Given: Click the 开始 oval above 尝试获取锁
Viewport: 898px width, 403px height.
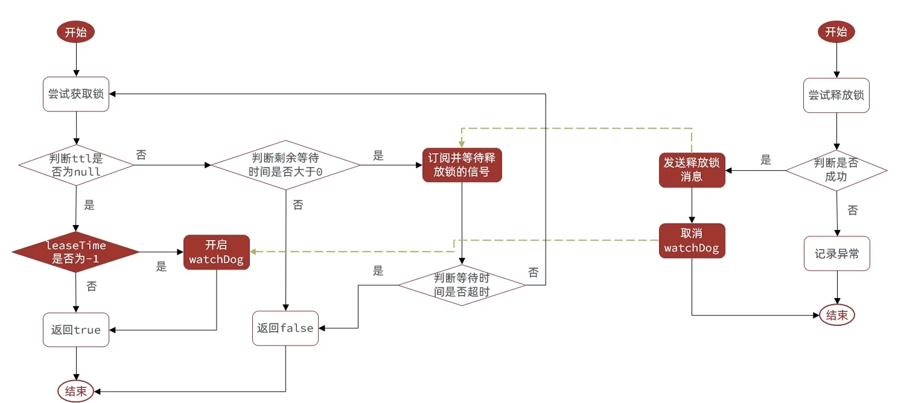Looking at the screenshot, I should point(76,33).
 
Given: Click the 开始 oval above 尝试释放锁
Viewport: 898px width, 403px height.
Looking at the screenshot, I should point(836,33).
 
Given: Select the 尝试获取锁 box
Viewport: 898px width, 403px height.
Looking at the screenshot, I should point(76,94).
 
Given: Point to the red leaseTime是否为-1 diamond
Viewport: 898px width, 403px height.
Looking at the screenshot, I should point(76,252).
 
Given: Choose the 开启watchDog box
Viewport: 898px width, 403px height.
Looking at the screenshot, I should point(216,252).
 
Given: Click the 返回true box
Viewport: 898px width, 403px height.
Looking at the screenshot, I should point(76,329).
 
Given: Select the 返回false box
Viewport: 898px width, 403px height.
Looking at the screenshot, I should point(285,328).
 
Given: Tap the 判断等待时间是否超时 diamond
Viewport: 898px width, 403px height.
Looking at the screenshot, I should point(462,285).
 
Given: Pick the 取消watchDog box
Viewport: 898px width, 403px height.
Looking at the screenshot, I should point(692,241).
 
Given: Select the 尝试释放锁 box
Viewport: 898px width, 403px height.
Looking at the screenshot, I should point(836,95).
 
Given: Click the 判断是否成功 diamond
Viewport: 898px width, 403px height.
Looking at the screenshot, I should point(836,170).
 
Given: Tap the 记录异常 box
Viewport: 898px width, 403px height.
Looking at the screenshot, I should point(836,254).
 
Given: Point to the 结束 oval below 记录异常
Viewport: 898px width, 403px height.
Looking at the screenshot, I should point(836,314).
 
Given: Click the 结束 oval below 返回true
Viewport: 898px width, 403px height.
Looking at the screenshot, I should point(76,391).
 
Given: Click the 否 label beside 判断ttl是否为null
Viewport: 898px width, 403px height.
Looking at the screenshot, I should point(141,155).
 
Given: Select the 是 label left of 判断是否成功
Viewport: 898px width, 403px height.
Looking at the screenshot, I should point(766,160).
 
